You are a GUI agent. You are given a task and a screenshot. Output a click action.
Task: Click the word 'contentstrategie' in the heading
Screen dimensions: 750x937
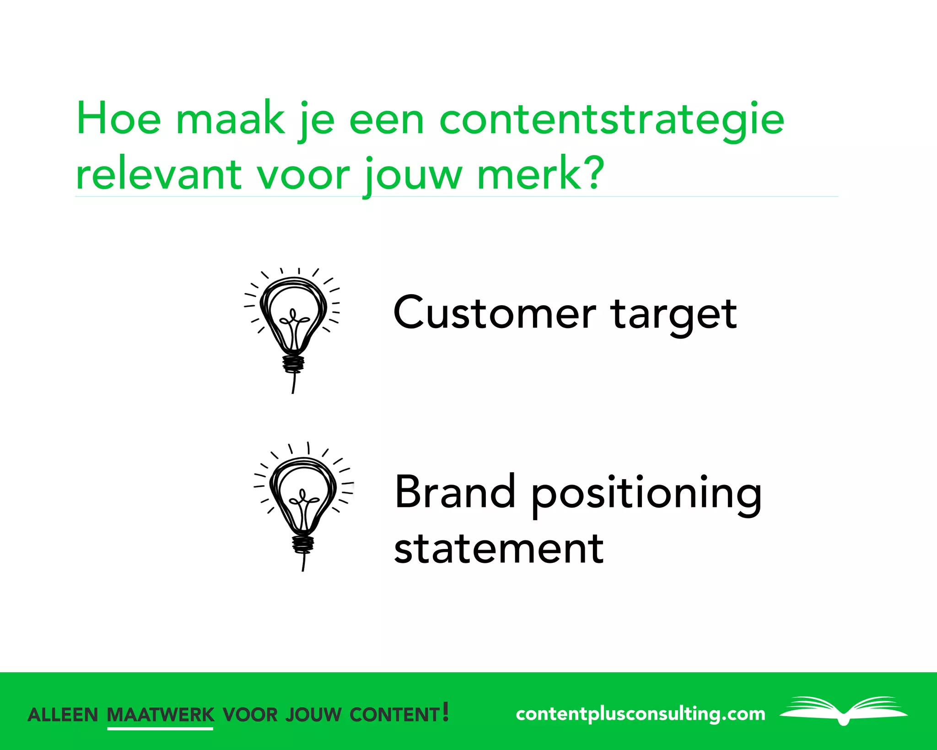click(611, 120)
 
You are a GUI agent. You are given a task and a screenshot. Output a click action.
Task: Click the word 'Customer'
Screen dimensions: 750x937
click(495, 313)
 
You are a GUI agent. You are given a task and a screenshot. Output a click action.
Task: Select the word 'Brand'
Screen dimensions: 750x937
click(455, 492)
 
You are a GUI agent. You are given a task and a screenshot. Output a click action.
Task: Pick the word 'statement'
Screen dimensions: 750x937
click(499, 549)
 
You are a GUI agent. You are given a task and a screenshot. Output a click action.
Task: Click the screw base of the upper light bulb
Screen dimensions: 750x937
click(293, 364)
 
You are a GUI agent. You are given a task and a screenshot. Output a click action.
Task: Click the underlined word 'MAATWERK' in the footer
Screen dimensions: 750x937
click(160, 715)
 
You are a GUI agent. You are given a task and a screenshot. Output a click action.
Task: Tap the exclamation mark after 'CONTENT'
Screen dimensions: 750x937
click(446, 712)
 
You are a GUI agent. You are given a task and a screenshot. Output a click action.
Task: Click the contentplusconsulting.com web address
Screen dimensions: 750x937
click(640, 714)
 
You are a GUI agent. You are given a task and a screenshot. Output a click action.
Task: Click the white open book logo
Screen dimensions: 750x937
click(844, 710)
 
